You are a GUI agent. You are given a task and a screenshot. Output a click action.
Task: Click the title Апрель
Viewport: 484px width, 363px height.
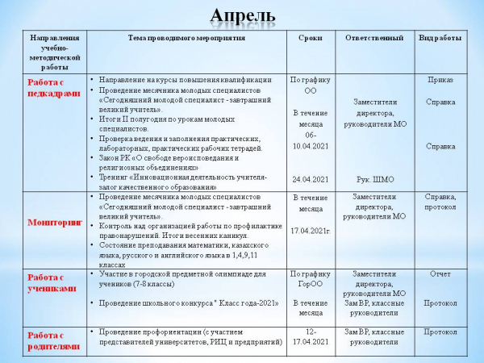point(242,15)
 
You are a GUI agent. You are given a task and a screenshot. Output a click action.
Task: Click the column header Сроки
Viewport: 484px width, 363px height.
point(310,39)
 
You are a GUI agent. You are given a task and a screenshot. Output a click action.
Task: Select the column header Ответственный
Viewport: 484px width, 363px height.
point(373,39)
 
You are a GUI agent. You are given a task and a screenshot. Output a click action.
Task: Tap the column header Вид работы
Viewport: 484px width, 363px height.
point(440,39)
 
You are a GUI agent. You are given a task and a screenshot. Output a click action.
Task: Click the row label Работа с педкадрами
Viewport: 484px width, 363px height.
point(55,87)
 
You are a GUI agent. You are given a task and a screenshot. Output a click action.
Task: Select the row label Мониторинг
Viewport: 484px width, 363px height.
point(55,222)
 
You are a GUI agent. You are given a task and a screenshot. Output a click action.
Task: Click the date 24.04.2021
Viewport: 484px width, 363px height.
point(310,179)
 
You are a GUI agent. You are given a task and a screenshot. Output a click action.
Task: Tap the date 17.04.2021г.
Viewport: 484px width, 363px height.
point(310,232)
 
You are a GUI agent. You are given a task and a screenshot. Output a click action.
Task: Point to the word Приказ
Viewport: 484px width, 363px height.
point(440,81)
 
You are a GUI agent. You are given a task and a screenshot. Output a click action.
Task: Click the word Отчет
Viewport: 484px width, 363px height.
point(440,274)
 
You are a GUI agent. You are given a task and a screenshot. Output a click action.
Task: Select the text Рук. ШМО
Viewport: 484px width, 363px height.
point(373,179)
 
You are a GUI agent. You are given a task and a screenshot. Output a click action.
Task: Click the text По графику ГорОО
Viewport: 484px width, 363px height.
point(310,279)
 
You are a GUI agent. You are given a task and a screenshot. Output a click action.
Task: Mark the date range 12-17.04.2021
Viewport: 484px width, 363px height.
point(310,337)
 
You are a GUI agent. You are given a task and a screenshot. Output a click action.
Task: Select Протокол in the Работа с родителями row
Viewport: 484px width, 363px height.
point(440,332)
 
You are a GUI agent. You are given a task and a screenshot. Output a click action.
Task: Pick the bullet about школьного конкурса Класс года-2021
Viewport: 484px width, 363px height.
point(189,303)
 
